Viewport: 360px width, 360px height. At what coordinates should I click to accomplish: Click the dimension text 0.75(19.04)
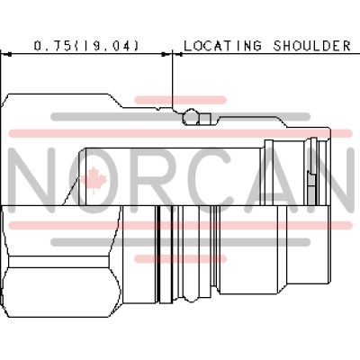point(86,44)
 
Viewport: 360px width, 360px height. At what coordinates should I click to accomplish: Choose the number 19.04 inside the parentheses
point(109,44)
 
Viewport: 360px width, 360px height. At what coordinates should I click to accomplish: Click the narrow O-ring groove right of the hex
point(160,261)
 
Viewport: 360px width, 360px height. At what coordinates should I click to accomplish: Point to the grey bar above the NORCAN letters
point(180,116)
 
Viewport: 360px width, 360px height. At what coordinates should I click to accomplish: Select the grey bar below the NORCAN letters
point(180,240)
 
